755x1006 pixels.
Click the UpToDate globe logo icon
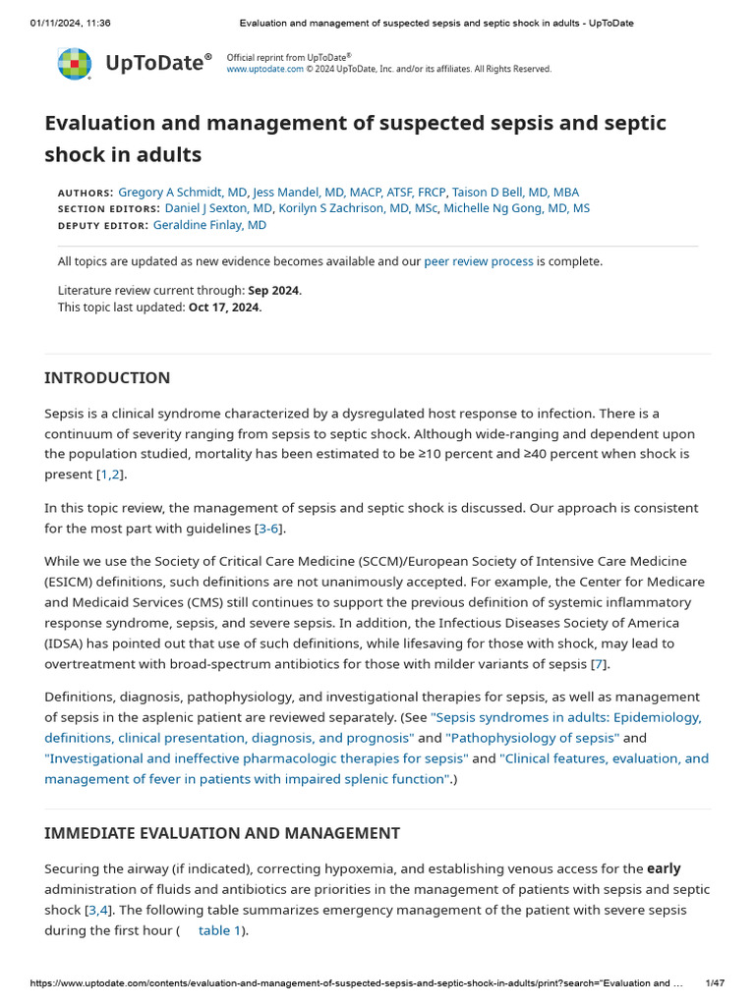pos(75,64)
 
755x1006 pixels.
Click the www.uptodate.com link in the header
pos(264,70)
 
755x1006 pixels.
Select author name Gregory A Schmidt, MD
pos(183,193)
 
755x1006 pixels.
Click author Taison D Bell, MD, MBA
pos(515,193)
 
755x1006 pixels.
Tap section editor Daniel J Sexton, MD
pos(218,208)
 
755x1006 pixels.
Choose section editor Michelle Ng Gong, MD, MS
pos(516,208)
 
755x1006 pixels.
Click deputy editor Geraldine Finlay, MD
pos(209,225)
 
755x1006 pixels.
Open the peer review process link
pos(479,261)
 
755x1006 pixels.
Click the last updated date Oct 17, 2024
pos(224,307)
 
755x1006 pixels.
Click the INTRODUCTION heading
pos(107,378)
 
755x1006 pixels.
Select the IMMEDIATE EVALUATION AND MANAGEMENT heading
pos(222,833)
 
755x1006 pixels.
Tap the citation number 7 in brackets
pos(598,664)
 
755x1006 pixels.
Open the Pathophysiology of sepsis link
pos(532,738)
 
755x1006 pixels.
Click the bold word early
pos(664,869)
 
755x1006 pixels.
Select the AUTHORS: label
pos(86,194)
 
